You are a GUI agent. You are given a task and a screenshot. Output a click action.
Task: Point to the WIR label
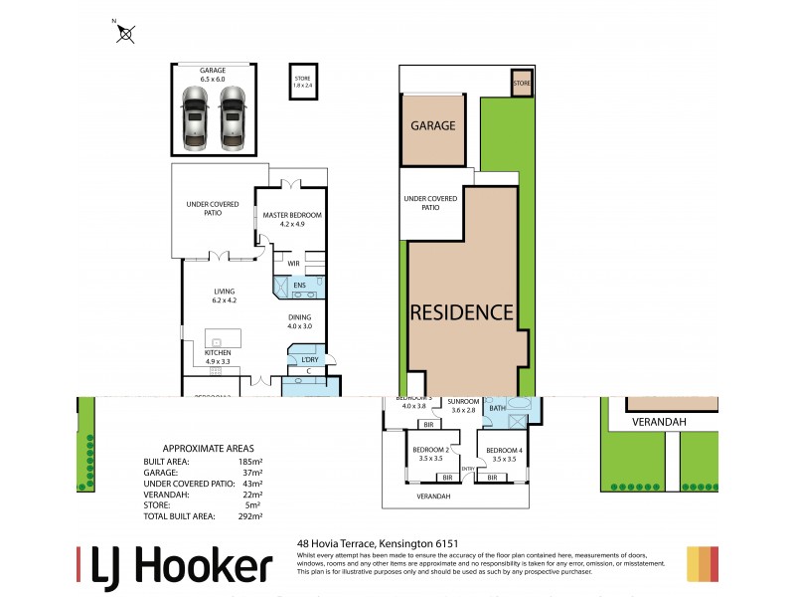294,264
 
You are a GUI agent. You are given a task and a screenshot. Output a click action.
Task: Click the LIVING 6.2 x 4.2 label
223,295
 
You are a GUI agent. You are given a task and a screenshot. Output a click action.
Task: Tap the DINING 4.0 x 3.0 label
299,321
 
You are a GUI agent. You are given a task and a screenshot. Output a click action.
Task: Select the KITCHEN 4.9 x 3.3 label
218,357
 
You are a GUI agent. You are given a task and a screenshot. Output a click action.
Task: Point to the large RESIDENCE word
462,311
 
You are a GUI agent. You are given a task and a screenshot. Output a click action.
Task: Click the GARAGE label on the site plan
433,126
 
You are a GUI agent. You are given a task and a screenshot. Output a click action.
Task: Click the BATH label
498,406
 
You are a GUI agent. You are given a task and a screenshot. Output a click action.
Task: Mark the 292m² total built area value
249,516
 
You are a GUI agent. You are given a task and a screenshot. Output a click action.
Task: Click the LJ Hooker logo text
175,566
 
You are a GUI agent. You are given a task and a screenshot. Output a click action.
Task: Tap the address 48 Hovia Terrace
338,543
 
